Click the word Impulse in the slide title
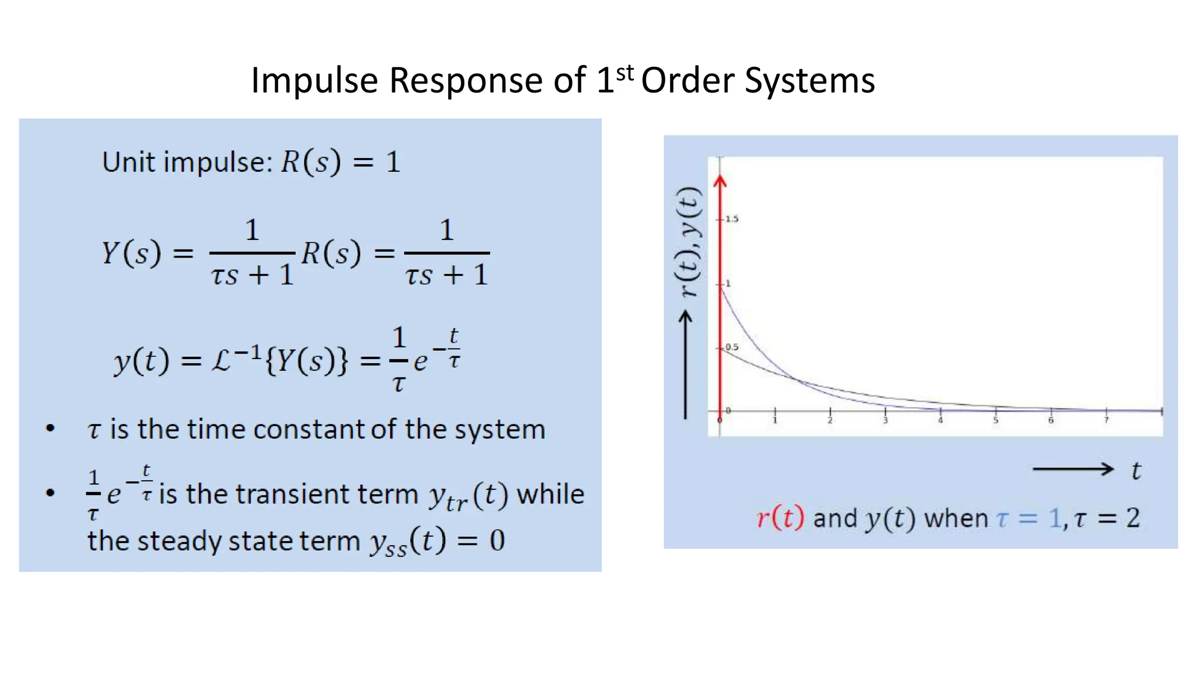pos(314,80)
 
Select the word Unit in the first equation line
pos(130,162)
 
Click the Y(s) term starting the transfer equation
pos(131,253)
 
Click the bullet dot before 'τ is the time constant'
pos(50,428)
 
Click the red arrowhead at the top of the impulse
pos(720,181)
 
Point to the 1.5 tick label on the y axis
pos(732,219)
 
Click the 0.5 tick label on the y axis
pos(732,347)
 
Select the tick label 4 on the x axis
pos(941,421)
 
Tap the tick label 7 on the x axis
pos(1107,421)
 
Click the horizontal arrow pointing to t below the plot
pos(1072,469)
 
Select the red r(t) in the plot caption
pos(780,518)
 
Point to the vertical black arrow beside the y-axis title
pos(686,364)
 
